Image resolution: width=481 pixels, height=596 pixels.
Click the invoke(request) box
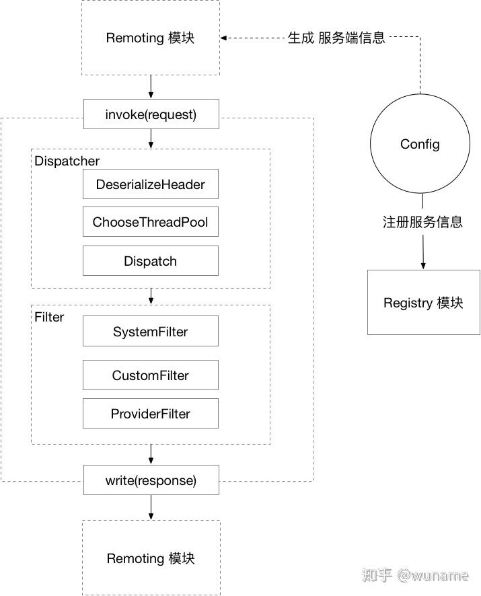click(x=151, y=114)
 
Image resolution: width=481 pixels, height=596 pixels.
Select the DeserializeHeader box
click(x=151, y=184)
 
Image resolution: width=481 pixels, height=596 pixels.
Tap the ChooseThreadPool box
click(x=151, y=222)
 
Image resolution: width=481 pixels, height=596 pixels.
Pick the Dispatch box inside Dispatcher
click(x=151, y=261)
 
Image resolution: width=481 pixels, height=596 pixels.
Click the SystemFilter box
click(x=151, y=332)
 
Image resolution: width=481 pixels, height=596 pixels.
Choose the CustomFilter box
click(x=151, y=375)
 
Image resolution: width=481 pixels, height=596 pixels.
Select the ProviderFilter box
click(x=151, y=414)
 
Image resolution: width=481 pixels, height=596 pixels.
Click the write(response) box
click(x=151, y=480)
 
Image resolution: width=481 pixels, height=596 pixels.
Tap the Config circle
click(x=420, y=144)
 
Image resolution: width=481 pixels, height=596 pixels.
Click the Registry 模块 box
click(x=423, y=303)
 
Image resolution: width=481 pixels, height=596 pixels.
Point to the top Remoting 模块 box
click(x=151, y=38)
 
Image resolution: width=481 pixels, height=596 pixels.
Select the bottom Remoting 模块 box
click(x=151, y=558)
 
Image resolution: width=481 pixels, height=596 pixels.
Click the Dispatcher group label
click(x=67, y=161)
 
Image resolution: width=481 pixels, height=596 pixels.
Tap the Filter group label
click(x=49, y=317)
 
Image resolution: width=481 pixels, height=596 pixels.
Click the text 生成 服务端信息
click(x=336, y=38)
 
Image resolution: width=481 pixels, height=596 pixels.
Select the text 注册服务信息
click(x=422, y=222)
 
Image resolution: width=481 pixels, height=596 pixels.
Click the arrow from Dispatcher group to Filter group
click(x=151, y=296)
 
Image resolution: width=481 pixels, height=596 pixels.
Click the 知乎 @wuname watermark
click(x=417, y=576)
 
